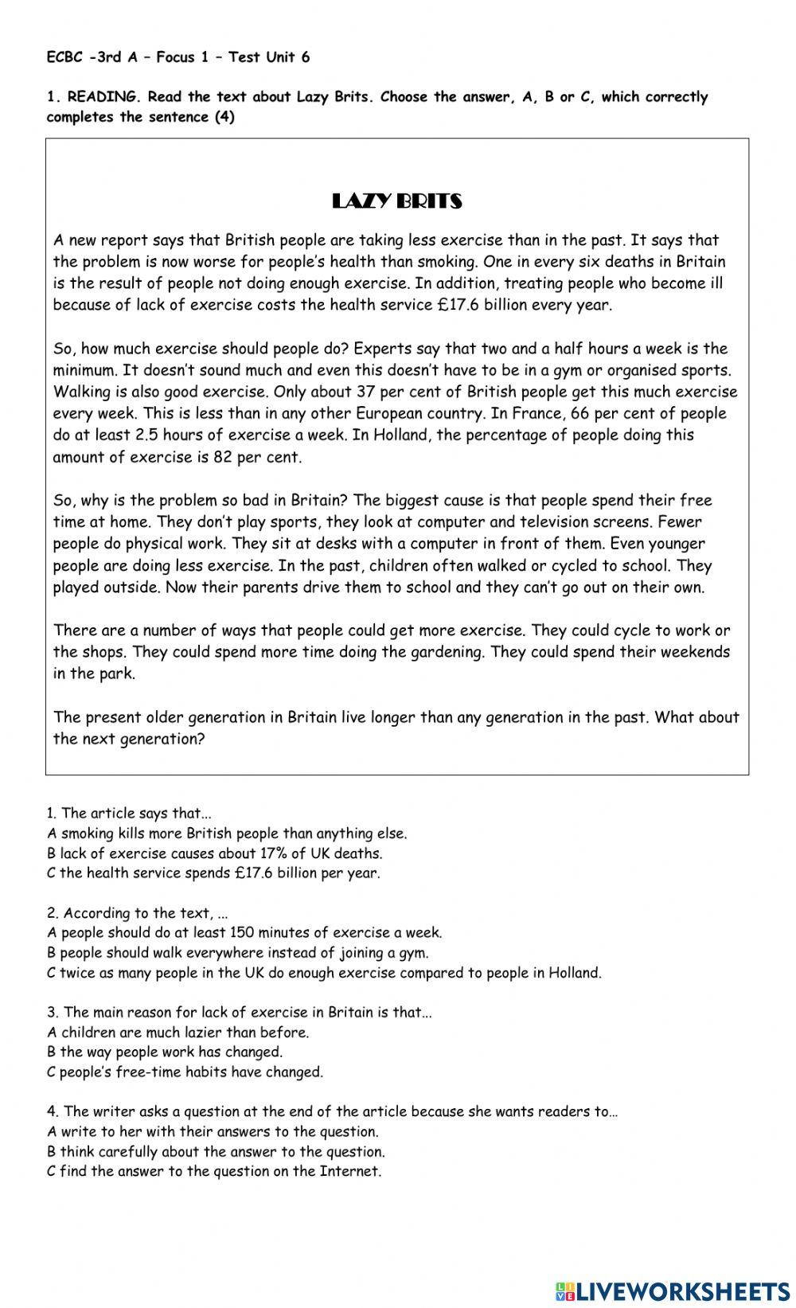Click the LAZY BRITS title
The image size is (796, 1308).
click(x=396, y=201)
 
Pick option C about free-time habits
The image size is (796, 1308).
click(x=185, y=1072)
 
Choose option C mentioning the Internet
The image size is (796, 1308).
click(x=214, y=1171)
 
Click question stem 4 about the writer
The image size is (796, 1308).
click(x=332, y=1111)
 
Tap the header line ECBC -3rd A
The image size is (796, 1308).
click(x=178, y=57)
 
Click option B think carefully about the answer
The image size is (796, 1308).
click(x=216, y=1151)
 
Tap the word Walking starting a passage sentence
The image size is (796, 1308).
click(x=80, y=392)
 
